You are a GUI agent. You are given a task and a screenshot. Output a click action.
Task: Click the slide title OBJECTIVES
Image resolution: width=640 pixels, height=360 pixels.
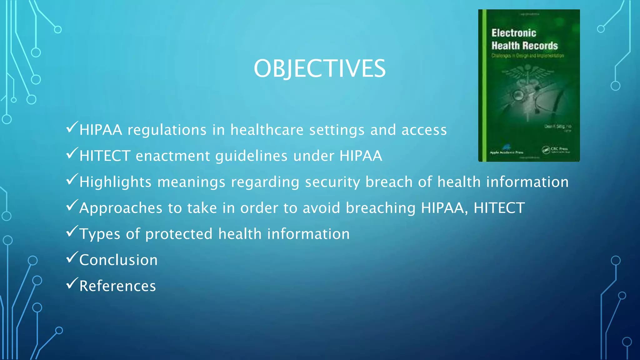coord(319,68)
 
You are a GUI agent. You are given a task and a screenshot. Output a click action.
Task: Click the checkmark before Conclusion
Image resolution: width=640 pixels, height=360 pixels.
coord(72,257)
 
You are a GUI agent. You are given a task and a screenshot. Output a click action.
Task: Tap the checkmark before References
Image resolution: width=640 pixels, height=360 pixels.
coord(72,283)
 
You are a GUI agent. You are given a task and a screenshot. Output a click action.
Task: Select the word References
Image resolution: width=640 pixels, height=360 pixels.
coord(117,286)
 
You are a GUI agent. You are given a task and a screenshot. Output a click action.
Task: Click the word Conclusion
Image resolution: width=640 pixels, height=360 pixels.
coord(118,260)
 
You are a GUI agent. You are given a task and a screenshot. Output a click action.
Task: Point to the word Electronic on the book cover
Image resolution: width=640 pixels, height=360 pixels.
coord(513,33)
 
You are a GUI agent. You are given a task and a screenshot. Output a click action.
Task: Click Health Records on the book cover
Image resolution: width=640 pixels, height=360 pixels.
coord(524,46)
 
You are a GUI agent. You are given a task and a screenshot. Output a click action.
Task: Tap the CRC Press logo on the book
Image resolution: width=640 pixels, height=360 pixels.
coord(556,150)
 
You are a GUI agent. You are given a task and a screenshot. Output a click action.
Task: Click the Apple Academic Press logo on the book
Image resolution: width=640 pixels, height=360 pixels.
coord(506,150)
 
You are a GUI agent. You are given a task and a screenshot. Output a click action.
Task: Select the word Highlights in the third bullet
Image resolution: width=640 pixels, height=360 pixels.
coord(115,182)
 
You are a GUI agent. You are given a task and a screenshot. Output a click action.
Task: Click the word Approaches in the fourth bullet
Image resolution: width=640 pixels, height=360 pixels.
coord(121,208)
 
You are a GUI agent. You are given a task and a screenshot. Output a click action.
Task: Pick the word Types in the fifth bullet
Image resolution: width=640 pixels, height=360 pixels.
coord(100,234)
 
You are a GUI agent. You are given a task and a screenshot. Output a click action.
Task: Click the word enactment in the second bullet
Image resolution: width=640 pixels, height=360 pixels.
coord(173,156)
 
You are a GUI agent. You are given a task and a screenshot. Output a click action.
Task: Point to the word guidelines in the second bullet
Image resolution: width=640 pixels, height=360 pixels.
coord(251,156)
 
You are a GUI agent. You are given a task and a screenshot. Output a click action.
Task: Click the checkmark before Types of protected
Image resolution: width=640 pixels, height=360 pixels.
coord(72,232)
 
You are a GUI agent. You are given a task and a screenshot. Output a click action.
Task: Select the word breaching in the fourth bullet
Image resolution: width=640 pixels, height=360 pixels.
coord(380,208)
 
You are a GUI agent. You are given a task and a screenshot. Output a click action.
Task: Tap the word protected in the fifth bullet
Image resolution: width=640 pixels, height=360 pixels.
coord(179,234)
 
